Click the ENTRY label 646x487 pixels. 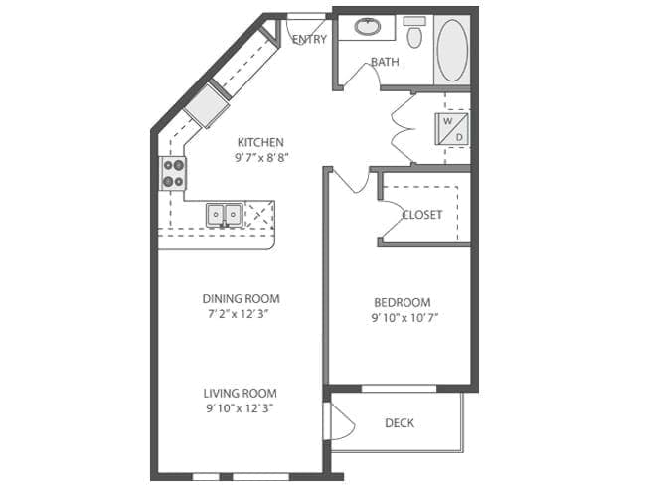[x=309, y=40]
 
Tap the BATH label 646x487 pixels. [x=385, y=62]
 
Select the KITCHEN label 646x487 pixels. [x=260, y=142]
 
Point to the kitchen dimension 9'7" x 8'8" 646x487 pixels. [x=260, y=157]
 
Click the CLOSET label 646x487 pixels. [x=422, y=215]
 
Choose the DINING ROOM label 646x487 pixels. [x=241, y=298]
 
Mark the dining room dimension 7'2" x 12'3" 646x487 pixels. [x=241, y=314]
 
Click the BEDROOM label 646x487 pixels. [x=403, y=303]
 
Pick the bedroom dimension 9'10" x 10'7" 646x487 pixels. [x=403, y=318]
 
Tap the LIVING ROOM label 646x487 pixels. [x=241, y=393]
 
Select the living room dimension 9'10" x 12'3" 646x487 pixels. [x=241, y=407]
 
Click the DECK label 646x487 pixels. [x=400, y=423]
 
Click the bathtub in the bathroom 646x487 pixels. [x=451, y=50]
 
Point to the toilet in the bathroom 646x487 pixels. [x=414, y=33]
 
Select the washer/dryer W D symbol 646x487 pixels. [x=453, y=128]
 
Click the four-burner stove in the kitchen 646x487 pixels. [x=174, y=173]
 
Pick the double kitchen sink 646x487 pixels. [x=224, y=213]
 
